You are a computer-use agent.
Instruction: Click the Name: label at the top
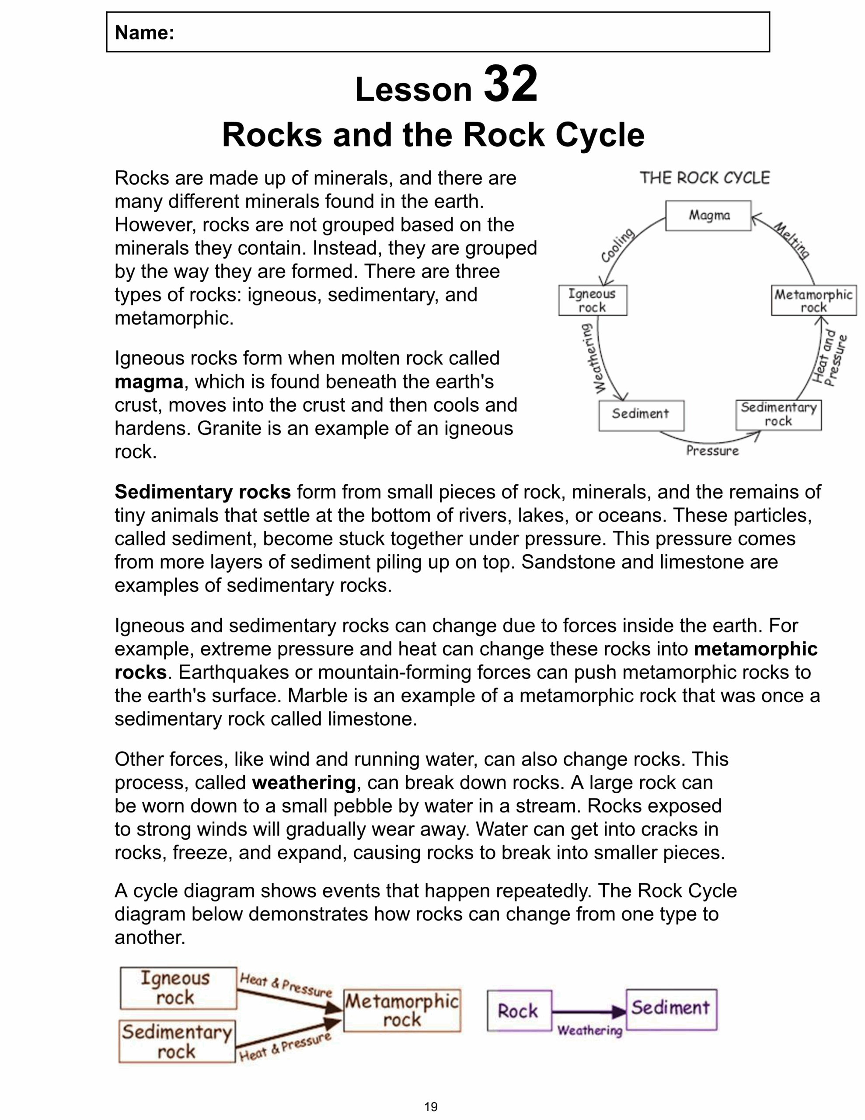145,33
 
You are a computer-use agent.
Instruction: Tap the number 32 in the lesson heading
510,84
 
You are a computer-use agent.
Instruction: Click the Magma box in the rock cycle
708,215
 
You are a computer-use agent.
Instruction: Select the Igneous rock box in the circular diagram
592,301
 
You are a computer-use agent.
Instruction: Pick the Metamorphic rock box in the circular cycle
813,301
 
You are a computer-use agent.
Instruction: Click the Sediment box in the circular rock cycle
641,415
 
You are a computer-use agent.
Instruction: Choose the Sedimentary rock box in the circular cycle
778,415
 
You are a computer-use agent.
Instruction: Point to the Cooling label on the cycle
618,245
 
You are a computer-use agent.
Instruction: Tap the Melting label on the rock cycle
792,240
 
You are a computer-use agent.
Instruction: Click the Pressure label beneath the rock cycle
712,451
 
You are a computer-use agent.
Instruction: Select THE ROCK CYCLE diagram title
705,178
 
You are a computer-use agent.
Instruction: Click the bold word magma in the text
149,382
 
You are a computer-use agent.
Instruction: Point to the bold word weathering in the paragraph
303,783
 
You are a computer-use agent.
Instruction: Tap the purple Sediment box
671,1008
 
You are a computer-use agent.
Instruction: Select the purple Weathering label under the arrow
589,1030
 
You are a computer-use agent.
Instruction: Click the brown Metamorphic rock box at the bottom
402,1010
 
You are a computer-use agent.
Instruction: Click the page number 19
431,1107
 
